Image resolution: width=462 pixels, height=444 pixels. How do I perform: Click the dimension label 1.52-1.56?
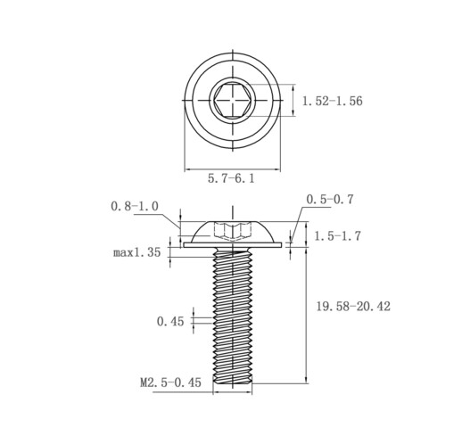(x=333, y=101)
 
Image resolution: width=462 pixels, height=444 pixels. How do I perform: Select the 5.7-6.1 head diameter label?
(x=231, y=178)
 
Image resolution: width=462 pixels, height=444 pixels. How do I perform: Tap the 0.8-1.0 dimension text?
(x=135, y=206)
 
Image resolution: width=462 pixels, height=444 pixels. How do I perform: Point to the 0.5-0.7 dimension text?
(x=330, y=200)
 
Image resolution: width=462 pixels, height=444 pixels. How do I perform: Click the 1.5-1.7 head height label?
(x=337, y=236)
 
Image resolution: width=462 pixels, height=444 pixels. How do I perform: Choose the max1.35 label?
(x=137, y=252)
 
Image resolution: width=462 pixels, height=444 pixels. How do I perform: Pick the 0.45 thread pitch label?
(x=170, y=322)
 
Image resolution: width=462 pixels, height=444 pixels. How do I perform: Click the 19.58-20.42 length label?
(x=353, y=307)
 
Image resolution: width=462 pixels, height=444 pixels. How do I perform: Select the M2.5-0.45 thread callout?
(x=170, y=382)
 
